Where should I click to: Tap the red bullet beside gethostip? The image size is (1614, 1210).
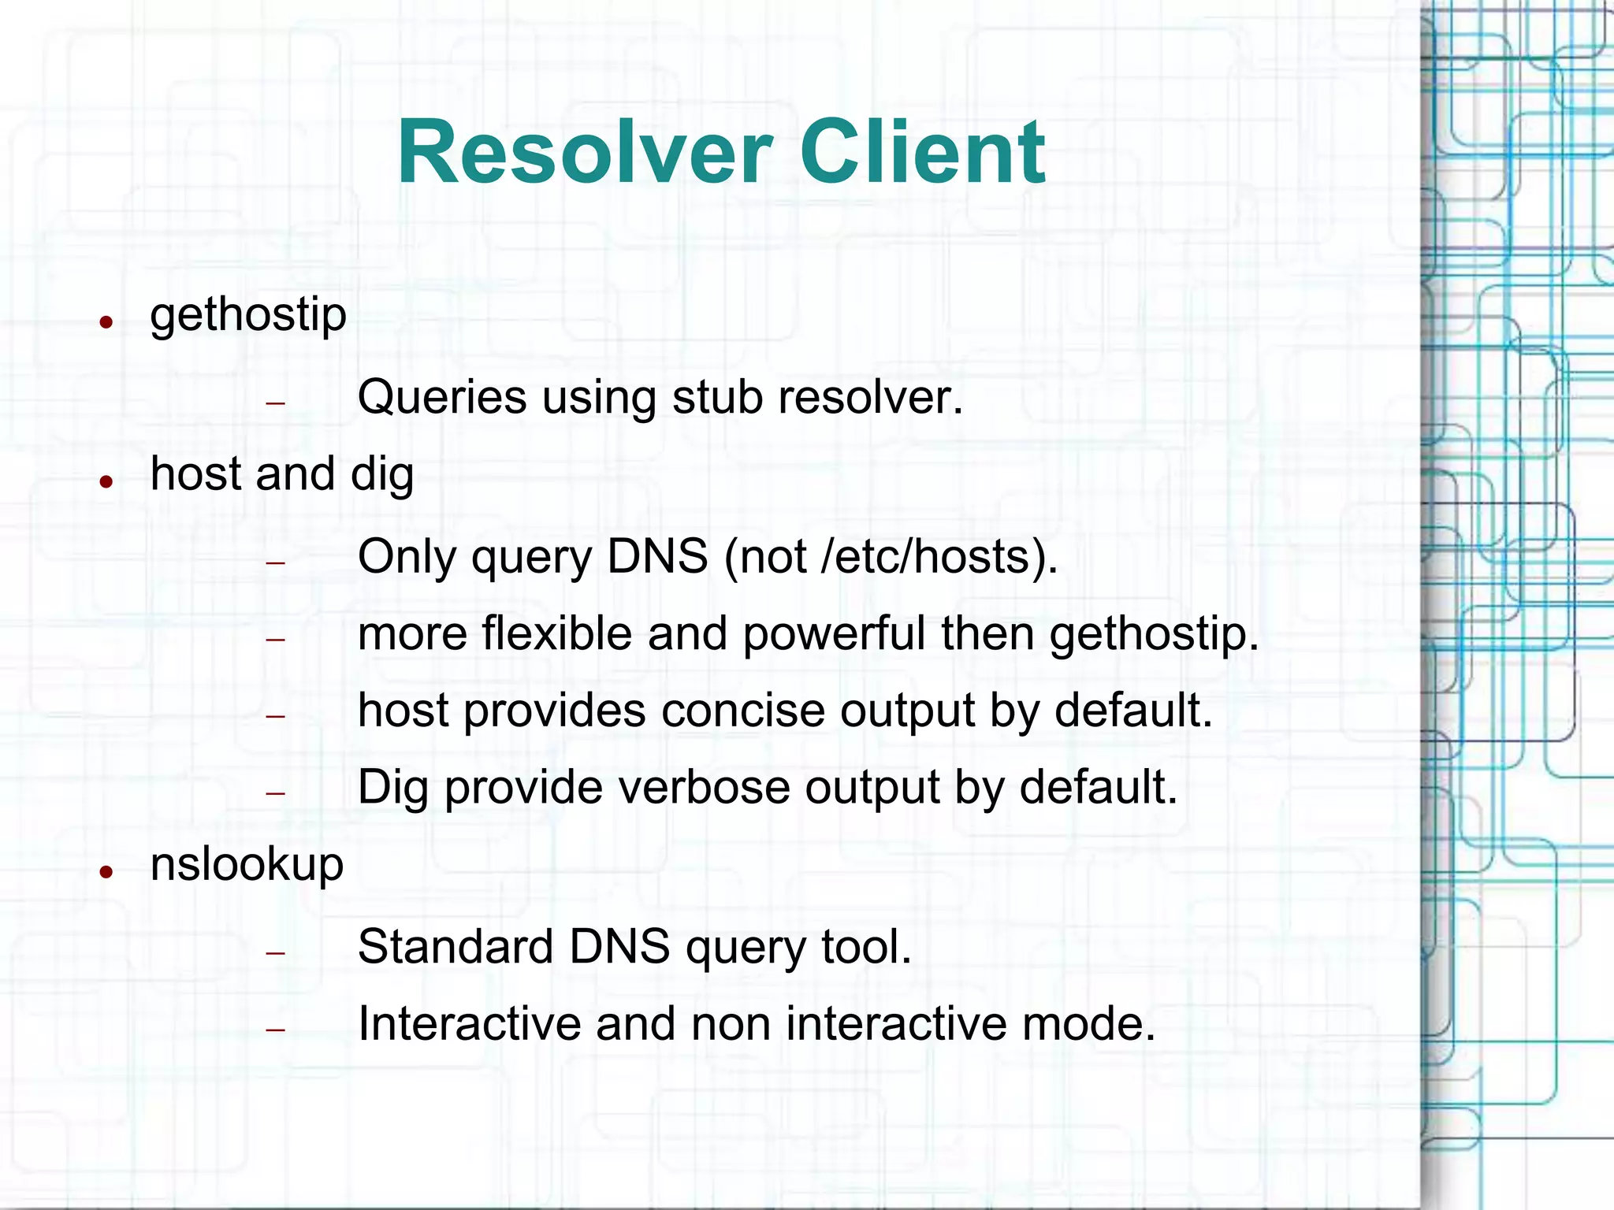point(106,321)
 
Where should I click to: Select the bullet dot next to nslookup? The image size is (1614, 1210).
point(106,871)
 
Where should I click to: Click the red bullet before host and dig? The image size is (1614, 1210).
point(106,481)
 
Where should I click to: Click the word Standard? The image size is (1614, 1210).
point(455,946)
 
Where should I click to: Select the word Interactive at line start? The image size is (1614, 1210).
point(469,1023)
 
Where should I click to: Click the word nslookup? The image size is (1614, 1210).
point(247,865)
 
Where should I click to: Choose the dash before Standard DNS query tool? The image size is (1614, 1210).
point(275,953)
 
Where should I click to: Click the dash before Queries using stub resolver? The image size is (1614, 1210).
point(275,403)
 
